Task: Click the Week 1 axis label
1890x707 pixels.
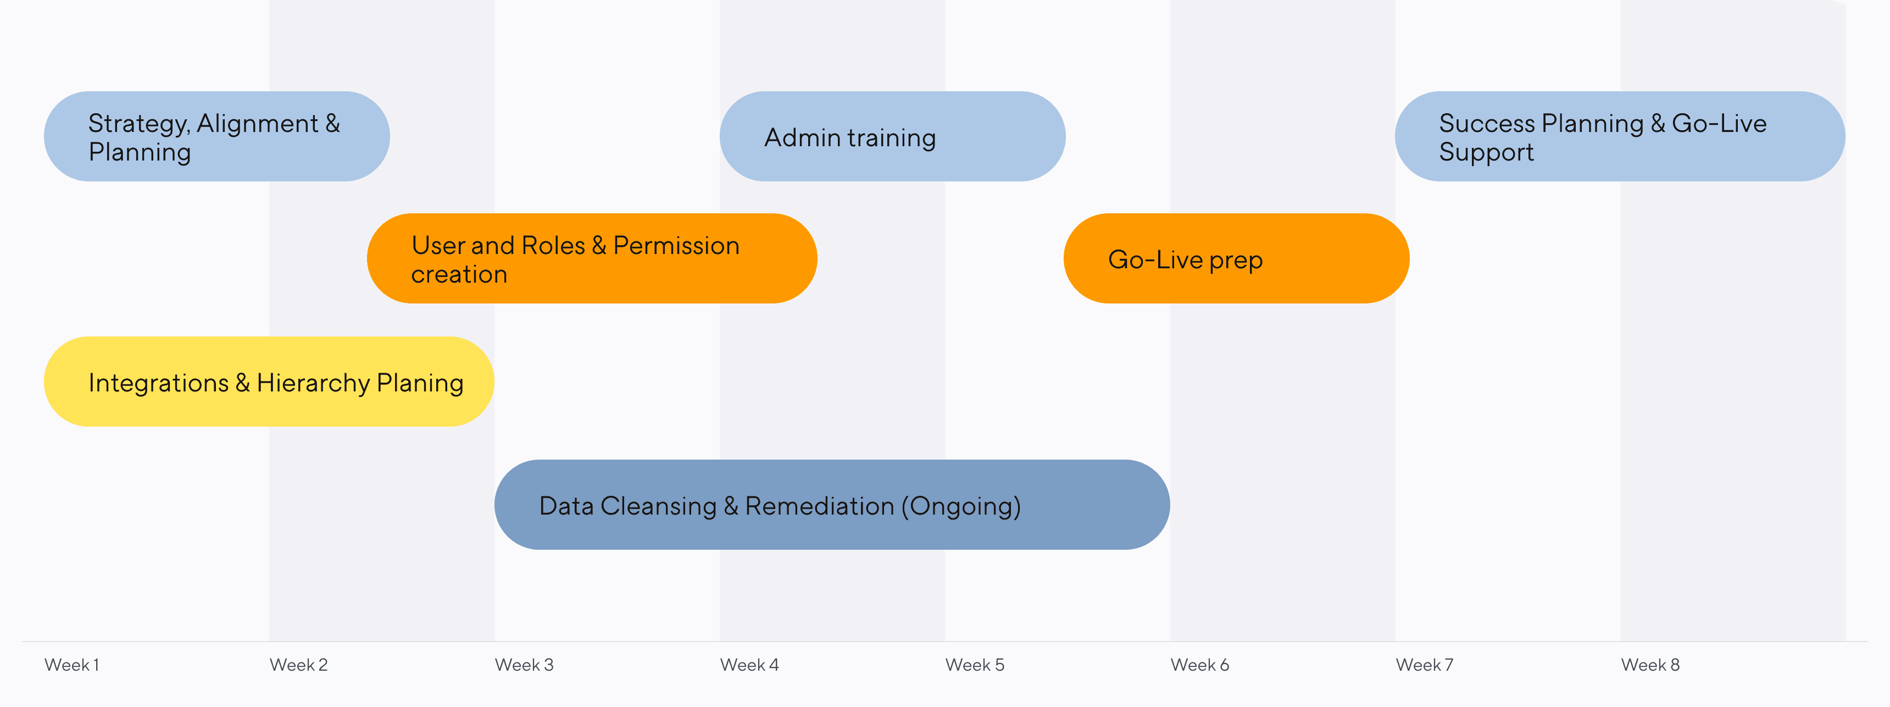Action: (x=72, y=665)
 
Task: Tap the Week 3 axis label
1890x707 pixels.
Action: (x=524, y=665)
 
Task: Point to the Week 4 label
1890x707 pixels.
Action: (x=749, y=665)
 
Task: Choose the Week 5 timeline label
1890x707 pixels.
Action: (x=974, y=665)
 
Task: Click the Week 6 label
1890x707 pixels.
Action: (x=1199, y=665)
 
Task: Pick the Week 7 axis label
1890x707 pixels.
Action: (x=1424, y=665)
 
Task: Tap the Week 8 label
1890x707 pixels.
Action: (x=1650, y=665)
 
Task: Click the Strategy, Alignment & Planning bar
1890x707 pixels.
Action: (x=216, y=136)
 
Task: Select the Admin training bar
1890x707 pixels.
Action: (x=892, y=136)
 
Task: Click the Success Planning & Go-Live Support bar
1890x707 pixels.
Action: (x=1619, y=136)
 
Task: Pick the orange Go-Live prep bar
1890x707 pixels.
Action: (x=1236, y=258)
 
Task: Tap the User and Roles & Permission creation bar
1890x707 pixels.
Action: (x=591, y=258)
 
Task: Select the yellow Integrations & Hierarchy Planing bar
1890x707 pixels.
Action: (x=269, y=382)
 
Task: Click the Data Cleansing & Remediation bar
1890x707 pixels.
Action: (x=832, y=505)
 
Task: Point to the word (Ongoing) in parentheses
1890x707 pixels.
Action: (x=961, y=506)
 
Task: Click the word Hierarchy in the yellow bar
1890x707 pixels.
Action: (x=313, y=383)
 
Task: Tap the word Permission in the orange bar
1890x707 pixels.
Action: (x=676, y=246)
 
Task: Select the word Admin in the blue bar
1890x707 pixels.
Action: (x=802, y=138)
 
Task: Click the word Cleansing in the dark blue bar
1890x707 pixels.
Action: (x=658, y=506)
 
